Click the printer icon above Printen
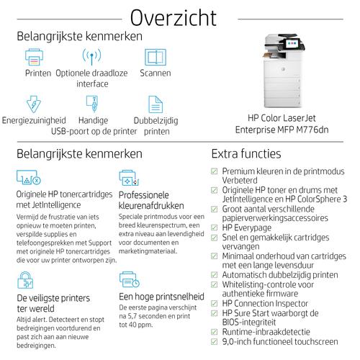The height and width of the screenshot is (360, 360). pyautogui.click(x=35, y=56)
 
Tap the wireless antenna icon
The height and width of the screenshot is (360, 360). pyautogui.click(x=91, y=56)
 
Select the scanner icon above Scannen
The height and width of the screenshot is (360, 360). pyautogui.click(x=155, y=56)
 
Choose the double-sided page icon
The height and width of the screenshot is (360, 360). pyautogui.click(x=156, y=104)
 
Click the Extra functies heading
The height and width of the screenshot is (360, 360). pyautogui.click(x=246, y=153)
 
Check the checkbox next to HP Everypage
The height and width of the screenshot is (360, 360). pyautogui.click(x=214, y=228)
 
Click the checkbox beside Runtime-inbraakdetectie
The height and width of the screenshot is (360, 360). pyautogui.click(x=214, y=333)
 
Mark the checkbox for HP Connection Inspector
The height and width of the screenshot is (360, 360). pyautogui.click(x=214, y=303)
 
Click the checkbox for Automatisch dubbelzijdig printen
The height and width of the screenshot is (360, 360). pyautogui.click(x=214, y=274)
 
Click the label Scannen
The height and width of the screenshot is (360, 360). pyautogui.click(x=156, y=73)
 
